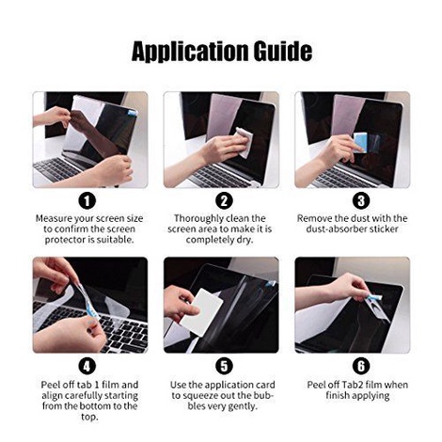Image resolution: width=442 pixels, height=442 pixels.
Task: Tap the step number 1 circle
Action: tap(87, 200)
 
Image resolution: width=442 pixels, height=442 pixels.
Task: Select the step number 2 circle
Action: tap(224, 200)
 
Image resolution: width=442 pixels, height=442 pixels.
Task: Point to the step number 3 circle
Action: tap(361, 200)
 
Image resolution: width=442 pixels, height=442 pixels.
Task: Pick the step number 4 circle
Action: tap(87, 366)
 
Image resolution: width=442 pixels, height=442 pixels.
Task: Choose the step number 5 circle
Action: tap(224, 366)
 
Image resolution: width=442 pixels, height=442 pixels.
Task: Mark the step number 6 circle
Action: tap(361, 366)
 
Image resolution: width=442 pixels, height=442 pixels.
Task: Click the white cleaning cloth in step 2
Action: tap(245, 141)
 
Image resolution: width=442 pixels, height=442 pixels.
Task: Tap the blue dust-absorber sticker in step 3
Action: tap(360, 143)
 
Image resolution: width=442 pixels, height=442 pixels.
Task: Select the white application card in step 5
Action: tap(201, 312)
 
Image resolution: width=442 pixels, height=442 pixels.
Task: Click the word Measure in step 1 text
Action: tap(54, 218)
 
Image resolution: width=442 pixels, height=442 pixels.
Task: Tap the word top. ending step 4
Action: tap(89, 418)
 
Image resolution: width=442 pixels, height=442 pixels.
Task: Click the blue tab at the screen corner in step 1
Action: tap(132, 112)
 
